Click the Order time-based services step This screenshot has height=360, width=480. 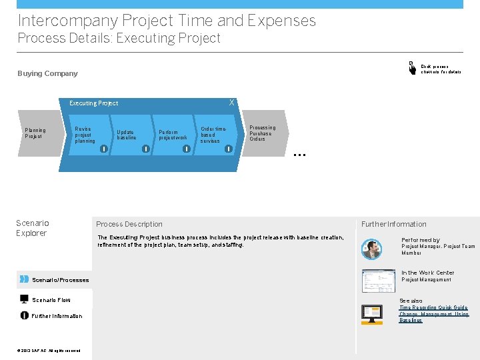click(213, 135)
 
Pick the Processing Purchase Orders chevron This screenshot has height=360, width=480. click(263, 133)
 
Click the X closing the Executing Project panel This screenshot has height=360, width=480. click(231, 103)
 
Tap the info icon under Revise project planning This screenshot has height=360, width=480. click(103, 149)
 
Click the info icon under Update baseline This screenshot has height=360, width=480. click(145, 149)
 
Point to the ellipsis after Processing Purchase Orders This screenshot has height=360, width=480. click(299, 154)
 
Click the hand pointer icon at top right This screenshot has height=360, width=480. click(411, 67)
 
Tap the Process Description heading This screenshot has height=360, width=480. click(129, 224)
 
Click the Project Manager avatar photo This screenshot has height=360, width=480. click(371, 249)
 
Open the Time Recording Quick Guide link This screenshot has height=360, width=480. click(433, 307)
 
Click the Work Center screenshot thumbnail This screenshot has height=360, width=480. click(377, 281)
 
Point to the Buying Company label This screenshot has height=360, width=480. click(47, 73)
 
